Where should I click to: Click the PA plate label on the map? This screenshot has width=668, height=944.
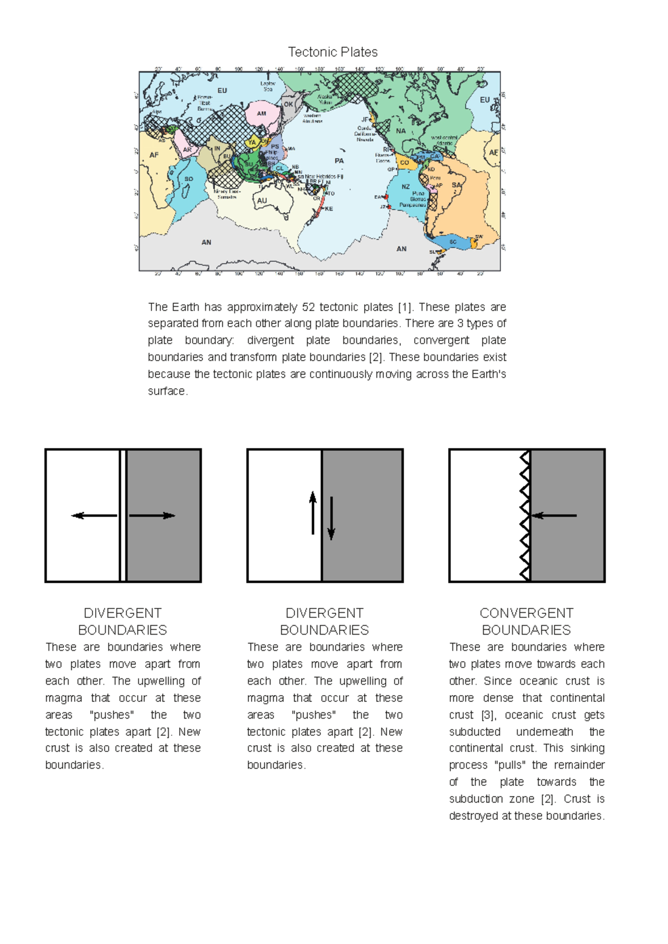339,160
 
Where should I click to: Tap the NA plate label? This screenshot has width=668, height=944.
401,131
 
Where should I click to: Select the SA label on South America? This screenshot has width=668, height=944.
456,185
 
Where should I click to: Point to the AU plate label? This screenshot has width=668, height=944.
262,201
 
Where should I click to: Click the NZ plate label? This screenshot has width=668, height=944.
406,187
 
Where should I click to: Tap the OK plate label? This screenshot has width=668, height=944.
288,104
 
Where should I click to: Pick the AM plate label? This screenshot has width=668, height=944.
262,114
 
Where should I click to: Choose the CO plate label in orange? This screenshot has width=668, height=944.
405,163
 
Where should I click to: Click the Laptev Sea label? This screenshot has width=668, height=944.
268,86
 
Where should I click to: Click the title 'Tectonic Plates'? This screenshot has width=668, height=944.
333,52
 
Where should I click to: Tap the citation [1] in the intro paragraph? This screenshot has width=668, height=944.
404,307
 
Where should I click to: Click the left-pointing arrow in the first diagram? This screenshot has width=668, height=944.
94,515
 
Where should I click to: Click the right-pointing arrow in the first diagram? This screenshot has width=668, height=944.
152,515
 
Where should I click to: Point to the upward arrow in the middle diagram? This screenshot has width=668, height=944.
313,513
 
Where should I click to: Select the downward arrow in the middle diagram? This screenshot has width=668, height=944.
331,518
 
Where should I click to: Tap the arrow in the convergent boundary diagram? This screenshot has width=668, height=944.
554,515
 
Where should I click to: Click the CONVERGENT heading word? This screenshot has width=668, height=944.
526,613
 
